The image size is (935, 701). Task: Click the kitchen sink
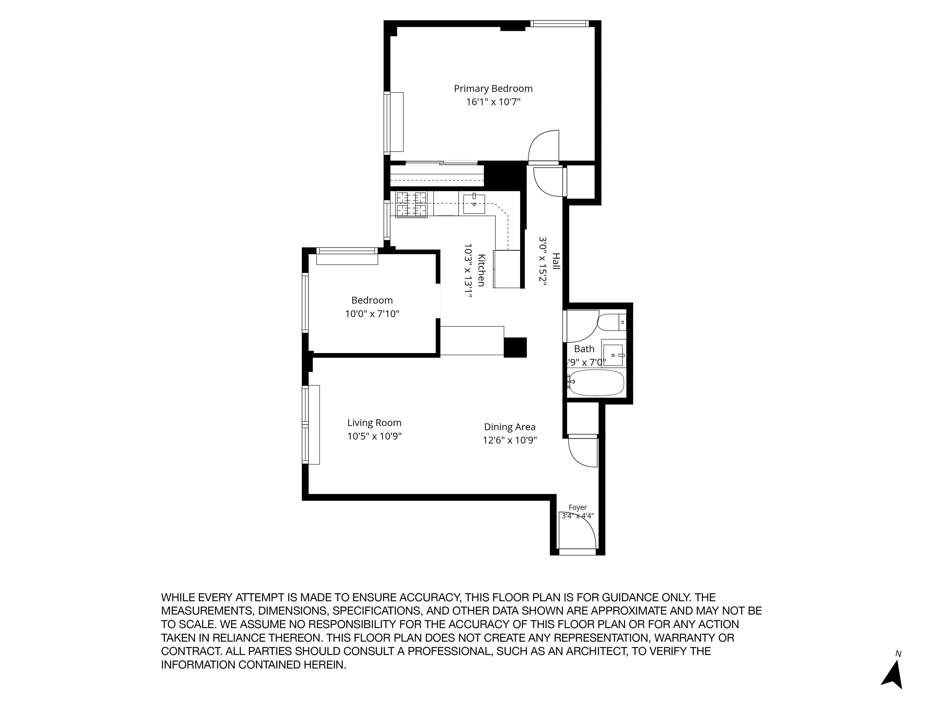point(474,204)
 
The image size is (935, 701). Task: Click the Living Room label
point(374,422)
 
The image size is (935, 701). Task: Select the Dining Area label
point(510,427)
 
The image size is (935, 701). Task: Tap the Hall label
point(556,261)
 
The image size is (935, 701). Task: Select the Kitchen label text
point(481,270)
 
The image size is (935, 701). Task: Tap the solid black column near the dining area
point(515,347)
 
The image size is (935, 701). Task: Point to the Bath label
point(584,349)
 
